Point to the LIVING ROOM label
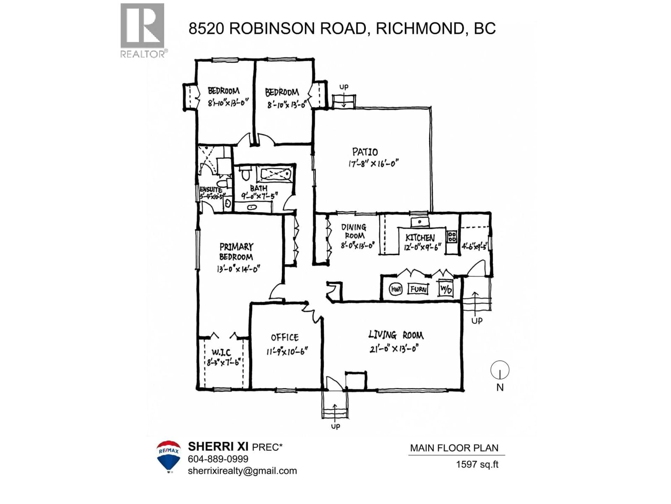(x=396, y=335)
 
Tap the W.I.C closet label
(x=221, y=352)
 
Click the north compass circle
(x=500, y=370)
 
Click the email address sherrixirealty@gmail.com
(x=242, y=471)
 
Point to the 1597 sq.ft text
(x=477, y=464)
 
